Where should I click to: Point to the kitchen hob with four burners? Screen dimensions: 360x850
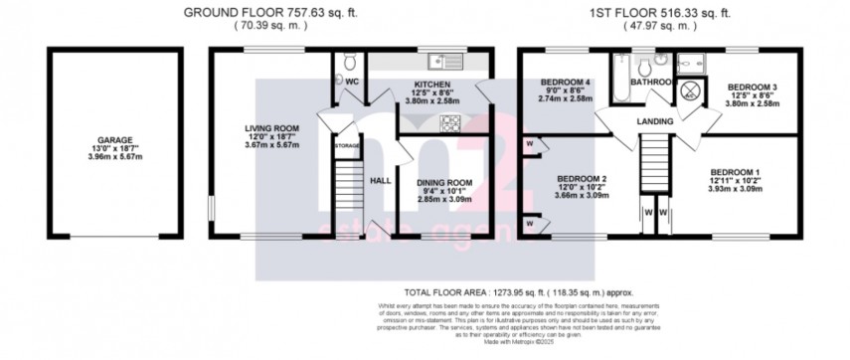(x=448, y=123)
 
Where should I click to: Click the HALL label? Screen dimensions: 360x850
(x=380, y=182)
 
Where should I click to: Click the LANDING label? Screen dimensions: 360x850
(x=656, y=121)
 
